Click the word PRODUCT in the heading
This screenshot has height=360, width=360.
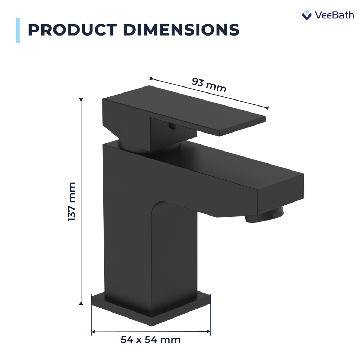point(72,30)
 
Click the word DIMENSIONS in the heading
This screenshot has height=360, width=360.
point(181,30)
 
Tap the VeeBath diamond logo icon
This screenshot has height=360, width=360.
point(307,15)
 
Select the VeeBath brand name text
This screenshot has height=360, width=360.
point(334,15)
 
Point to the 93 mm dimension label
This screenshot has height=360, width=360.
point(209,85)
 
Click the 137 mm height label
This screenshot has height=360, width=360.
point(72,202)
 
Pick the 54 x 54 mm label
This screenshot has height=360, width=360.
point(150,340)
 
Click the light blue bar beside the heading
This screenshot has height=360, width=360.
point(18,30)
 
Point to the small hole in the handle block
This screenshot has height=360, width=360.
point(172,127)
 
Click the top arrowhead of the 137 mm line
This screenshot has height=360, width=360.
point(81,100)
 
